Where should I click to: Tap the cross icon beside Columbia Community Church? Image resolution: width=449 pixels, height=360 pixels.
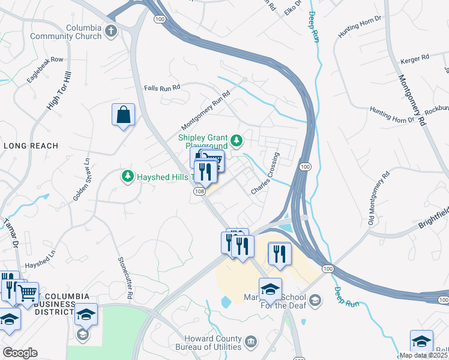coord(111,30)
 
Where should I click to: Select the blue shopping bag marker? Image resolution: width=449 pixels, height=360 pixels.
coord(123,115)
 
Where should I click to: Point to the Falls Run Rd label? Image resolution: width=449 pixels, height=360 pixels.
coord(162,88)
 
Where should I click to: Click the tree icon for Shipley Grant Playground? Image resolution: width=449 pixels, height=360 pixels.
coord(237,140)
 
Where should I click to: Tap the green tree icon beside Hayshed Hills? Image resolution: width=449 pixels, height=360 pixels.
coord(127,176)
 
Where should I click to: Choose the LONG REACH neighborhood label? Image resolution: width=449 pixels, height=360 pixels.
coord(31,146)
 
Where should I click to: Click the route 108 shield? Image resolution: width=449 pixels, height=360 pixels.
coord(199,191)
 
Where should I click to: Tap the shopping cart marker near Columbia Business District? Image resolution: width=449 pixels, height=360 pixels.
coord(27,292)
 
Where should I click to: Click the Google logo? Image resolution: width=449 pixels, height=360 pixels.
coord(20,353)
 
